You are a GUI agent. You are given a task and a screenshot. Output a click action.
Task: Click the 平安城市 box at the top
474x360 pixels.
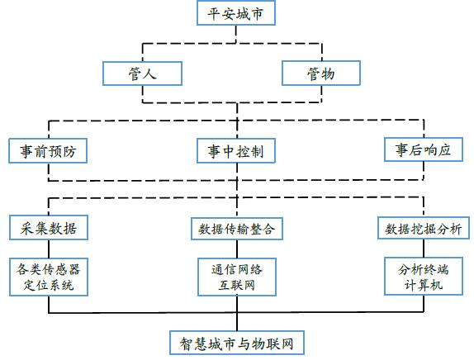tap(236, 12)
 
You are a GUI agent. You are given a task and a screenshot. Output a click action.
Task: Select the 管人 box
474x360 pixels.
tap(142, 73)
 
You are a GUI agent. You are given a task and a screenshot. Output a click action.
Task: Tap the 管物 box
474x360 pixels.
tap(321, 73)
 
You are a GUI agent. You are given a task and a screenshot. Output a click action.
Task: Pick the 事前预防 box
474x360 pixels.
tap(48, 151)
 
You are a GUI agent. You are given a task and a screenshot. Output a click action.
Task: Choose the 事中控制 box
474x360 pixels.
tap(236, 151)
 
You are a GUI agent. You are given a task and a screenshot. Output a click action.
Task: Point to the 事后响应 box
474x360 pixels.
tap(424, 149)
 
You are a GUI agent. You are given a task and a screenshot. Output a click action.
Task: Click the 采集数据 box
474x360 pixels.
tap(49, 228)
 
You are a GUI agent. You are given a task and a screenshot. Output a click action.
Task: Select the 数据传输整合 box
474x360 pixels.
tap(237, 229)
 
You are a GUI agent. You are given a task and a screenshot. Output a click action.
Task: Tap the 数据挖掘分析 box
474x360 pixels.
tap(424, 228)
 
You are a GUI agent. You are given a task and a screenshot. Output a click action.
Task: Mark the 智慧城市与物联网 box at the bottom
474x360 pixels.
tap(237, 343)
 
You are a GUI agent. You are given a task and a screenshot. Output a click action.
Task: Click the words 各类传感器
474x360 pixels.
tap(49, 269)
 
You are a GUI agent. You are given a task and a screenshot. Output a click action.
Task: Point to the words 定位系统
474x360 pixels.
tap(49, 285)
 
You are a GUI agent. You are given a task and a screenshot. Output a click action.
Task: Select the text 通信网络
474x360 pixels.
tap(237, 269)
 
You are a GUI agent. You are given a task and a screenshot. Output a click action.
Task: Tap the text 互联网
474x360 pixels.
tap(237, 285)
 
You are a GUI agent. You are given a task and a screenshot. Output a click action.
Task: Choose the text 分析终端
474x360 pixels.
tap(424, 269)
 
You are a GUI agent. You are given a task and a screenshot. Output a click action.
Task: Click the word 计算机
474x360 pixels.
tap(424, 285)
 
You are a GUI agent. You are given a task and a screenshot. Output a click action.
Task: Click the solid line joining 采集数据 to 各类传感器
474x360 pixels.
tap(49, 249)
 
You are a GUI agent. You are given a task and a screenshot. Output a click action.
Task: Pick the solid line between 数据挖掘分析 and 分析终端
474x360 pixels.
tap(424, 249)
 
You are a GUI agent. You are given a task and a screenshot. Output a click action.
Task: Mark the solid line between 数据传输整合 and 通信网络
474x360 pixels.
tap(237, 249)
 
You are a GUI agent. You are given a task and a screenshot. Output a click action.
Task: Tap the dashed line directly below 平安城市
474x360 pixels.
tap(236, 34)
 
